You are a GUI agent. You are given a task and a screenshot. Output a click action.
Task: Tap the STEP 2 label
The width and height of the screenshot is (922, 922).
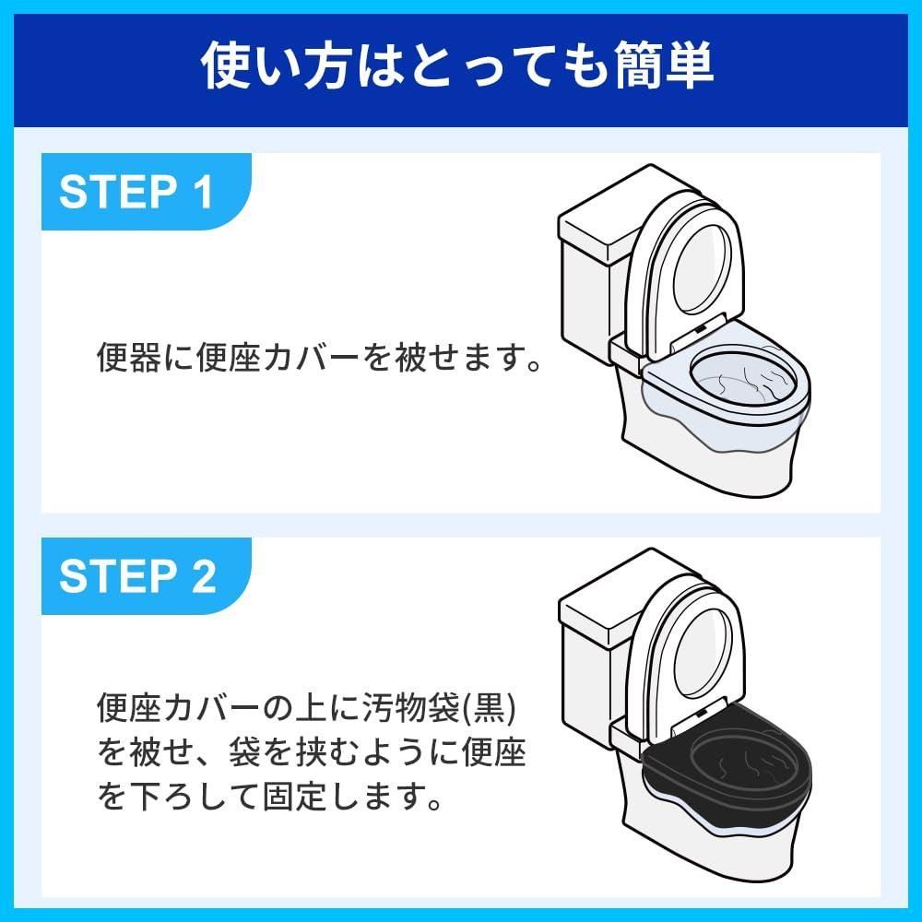[x=137, y=576]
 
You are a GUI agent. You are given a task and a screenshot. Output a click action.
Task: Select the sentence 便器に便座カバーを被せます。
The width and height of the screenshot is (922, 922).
[x=319, y=357]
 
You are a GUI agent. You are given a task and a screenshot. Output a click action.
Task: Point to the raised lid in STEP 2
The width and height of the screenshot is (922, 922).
[x=687, y=650]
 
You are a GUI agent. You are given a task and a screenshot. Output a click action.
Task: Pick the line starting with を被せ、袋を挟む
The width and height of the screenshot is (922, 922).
[x=311, y=753]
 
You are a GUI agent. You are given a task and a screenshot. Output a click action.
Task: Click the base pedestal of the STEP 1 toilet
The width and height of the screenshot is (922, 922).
[x=710, y=461]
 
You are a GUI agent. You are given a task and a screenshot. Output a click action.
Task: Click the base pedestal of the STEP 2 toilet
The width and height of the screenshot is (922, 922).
[x=710, y=844]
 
